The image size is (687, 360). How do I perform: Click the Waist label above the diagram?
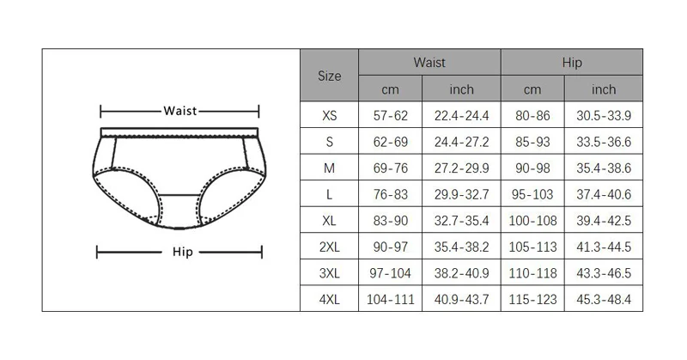coord(180,111)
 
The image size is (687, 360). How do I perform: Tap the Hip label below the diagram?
coord(182,252)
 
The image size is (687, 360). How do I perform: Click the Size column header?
coord(330,76)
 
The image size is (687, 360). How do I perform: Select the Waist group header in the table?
coord(429,62)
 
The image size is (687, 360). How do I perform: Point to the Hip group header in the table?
coord(572,63)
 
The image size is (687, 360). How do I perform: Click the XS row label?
coord(330,115)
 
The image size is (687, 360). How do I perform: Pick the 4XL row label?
coord(330,300)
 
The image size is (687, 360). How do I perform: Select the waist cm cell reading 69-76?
coord(391,168)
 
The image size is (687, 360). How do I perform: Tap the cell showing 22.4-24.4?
coord(461,115)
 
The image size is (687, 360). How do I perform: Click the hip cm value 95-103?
coord(532,194)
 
